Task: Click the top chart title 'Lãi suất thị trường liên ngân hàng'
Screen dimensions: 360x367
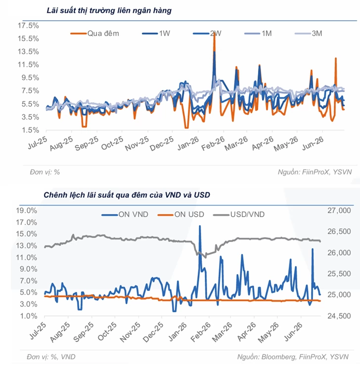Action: point(109,11)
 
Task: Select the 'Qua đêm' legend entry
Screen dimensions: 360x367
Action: point(94,34)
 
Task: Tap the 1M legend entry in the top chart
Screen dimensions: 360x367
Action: point(258,34)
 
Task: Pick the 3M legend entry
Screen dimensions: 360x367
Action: point(309,34)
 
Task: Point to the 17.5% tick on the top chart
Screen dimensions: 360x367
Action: point(28,26)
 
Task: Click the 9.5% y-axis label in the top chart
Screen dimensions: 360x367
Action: point(30,78)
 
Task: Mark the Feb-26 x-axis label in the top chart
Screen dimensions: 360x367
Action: point(213,143)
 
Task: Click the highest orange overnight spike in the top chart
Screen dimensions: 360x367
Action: point(215,34)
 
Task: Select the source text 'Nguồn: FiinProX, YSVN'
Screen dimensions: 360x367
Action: point(315,172)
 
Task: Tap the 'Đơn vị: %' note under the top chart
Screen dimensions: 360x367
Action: point(45,172)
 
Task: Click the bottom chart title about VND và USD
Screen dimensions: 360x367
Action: point(127,195)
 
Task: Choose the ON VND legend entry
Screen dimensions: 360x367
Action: point(125,214)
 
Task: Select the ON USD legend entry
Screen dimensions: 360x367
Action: point(181,214)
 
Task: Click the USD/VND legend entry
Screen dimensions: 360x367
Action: point(239,214)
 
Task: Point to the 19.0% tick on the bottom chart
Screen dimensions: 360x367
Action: point(27,210)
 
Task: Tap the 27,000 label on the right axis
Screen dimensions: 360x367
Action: point(339,210)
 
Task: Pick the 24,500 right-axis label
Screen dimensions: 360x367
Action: point(339,316)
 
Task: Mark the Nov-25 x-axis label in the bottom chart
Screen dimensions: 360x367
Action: point(131,332)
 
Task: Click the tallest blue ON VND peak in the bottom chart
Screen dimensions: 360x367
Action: point(200,226)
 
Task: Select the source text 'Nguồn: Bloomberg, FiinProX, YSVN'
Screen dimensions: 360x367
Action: point(293,357)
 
